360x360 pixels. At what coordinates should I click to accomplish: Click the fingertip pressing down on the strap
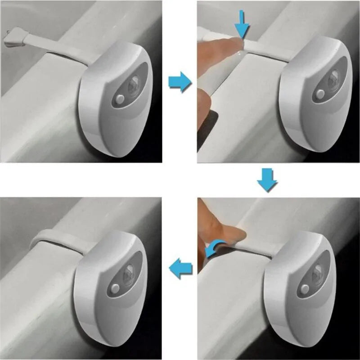coord(225,45)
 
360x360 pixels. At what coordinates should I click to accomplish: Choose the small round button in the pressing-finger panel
coord(320,94)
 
